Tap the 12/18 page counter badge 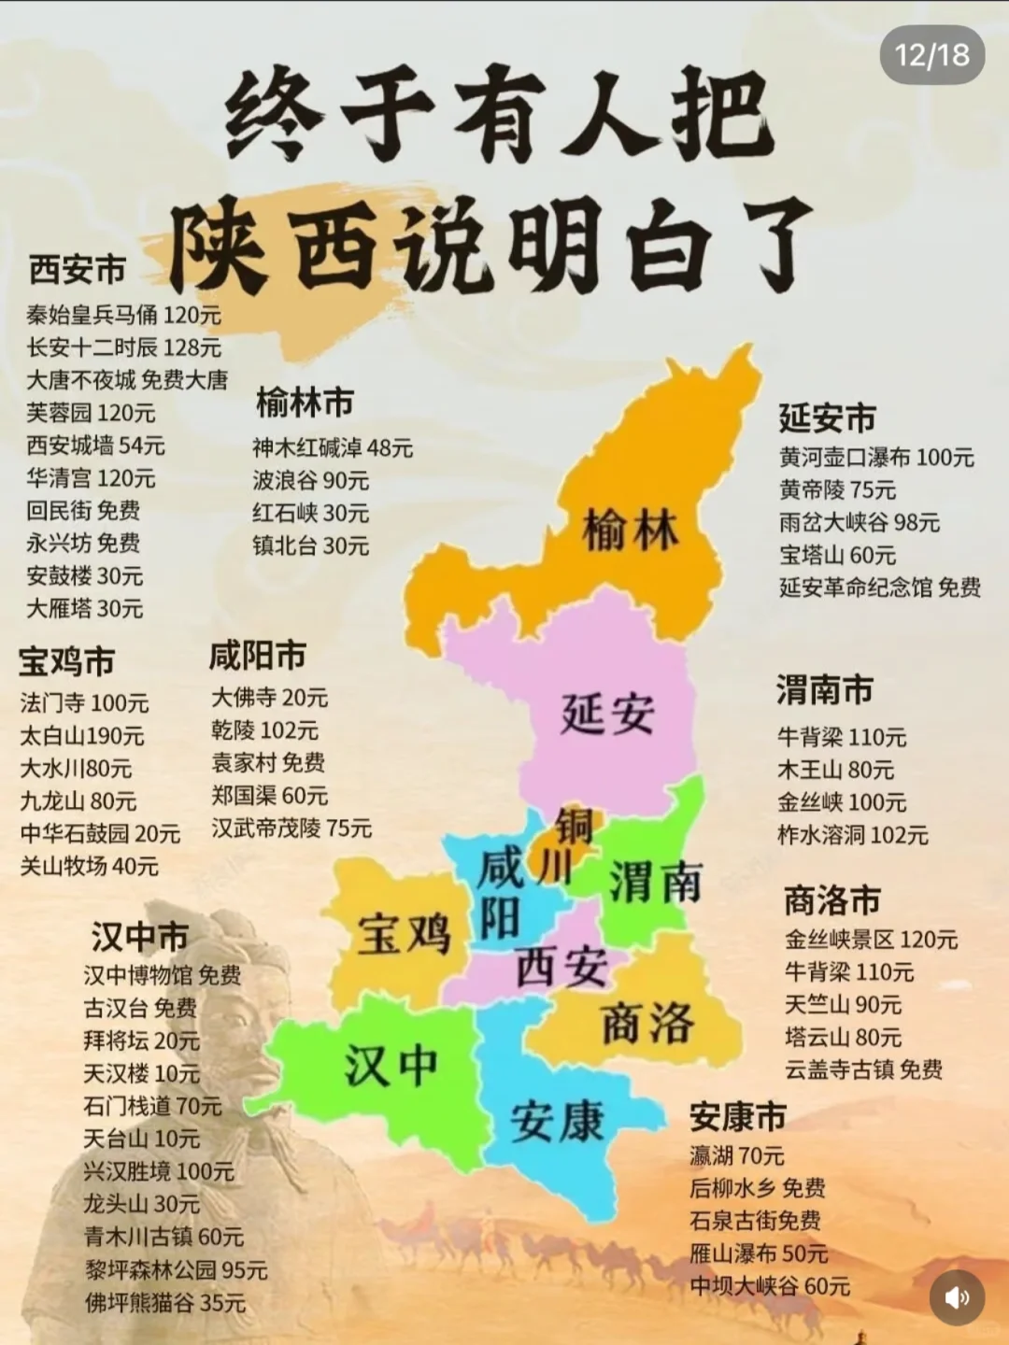coord(931,55)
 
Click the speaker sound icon coord(957,1296)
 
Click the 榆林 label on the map coord(631,531)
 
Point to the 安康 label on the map coord(558,1120)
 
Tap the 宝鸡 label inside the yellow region coord(404,934)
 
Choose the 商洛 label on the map coord(647,1023)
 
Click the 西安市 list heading coord(78,269)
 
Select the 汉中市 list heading coord(139,936)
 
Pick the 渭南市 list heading coord(824,689)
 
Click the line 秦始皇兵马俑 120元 coord(123,315)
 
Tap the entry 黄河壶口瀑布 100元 coord(876,457)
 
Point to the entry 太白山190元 coord(82,736)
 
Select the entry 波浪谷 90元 coord(310,480)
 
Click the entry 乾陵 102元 coord(264,729)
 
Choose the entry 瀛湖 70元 coord(736,1155)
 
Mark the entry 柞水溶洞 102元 coord(852,834)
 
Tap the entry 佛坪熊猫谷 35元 coord(164,1302)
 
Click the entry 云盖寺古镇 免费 coord(863,1069)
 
